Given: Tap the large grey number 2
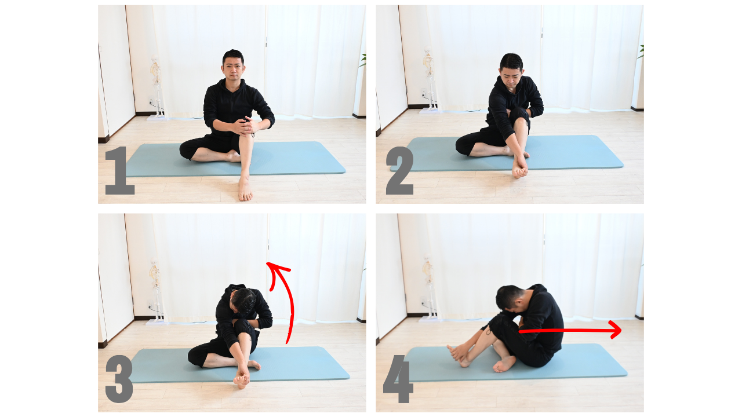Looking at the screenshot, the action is tap(400, 170).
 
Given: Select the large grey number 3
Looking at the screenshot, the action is tap(119, 379).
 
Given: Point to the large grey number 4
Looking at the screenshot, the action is tap(398, 379).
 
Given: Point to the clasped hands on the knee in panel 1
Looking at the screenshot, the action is tap(245, 126).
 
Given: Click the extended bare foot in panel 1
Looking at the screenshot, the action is tap(245, 189).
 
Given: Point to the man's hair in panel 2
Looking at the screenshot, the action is tap(511, 62).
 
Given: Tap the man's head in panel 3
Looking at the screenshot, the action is tap(242, 301).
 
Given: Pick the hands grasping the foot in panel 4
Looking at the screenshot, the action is tap(459, 353).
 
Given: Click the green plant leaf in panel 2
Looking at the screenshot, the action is tap(641, 52).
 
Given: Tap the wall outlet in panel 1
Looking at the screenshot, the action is tap(151, 98).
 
